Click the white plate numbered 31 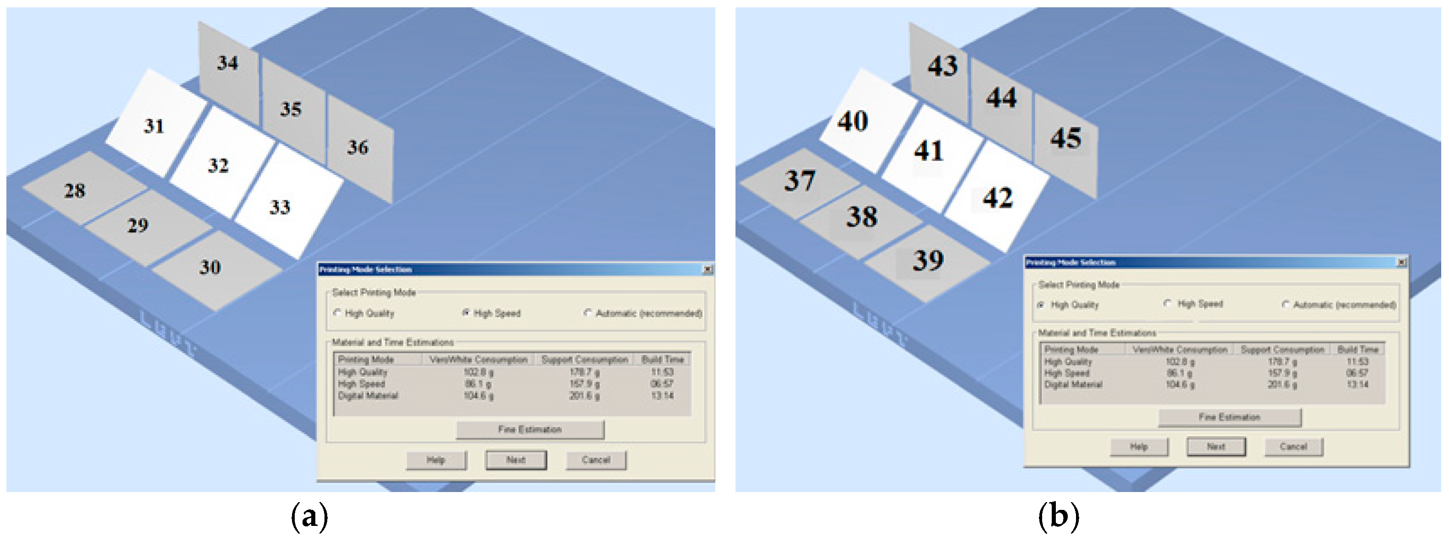pos(155,125)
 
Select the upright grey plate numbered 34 pos(228,65)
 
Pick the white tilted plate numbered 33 pos(284,205)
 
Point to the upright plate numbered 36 pos(359,149)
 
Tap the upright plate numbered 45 pos(1066,141)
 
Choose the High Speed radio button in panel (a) pos(466,313)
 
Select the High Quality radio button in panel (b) pos(1041,304)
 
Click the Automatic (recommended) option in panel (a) pos(588,313)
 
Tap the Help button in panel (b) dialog pos(1139,447)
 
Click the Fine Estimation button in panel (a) pos(530,429)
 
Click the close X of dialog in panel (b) pos(1401,262)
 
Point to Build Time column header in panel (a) pos(662,359)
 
